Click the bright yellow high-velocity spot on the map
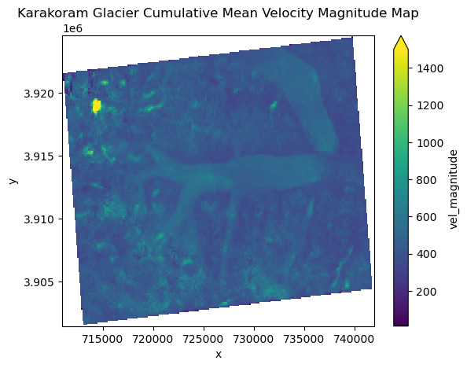[x=97, y=105]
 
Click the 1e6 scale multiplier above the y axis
[x=72, y=29]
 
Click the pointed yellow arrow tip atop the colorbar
[x=400, y=39]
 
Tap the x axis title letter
[x=218, y=354]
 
